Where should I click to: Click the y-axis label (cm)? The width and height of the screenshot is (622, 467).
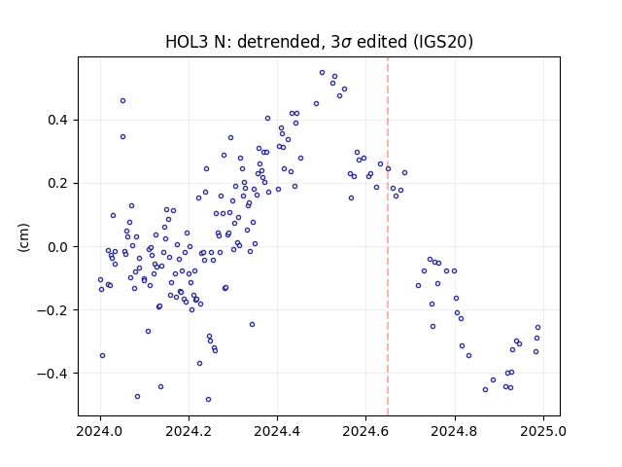point(23,237)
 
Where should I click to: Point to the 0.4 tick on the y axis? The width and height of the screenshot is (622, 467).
point(58,120)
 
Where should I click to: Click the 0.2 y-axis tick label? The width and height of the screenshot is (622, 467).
point(58,184)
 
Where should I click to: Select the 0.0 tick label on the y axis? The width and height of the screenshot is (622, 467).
point(58,246)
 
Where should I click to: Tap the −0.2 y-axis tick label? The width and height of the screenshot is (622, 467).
point(52,310)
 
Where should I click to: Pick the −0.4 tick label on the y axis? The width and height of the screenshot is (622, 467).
point(52,374)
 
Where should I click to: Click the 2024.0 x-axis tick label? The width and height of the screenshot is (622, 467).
point(100,431)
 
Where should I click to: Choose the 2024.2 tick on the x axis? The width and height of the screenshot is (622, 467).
point(189,431)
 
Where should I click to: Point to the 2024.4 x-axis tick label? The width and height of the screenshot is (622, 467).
point(277,431)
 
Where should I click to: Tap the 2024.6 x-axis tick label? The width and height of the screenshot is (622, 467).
point(365,431)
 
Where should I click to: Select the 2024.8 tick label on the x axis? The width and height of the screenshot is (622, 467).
point(455,431)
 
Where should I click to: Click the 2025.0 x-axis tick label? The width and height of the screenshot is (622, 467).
point(543,431)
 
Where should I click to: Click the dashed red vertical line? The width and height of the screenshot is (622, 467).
point(388,236)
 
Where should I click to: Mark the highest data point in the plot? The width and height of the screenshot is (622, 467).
point(322,73)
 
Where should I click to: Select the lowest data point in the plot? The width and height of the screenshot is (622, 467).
point(208,400)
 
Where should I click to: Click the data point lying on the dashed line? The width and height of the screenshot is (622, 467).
point(388,168)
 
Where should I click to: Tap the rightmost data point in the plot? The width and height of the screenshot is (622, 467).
point(537,328)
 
